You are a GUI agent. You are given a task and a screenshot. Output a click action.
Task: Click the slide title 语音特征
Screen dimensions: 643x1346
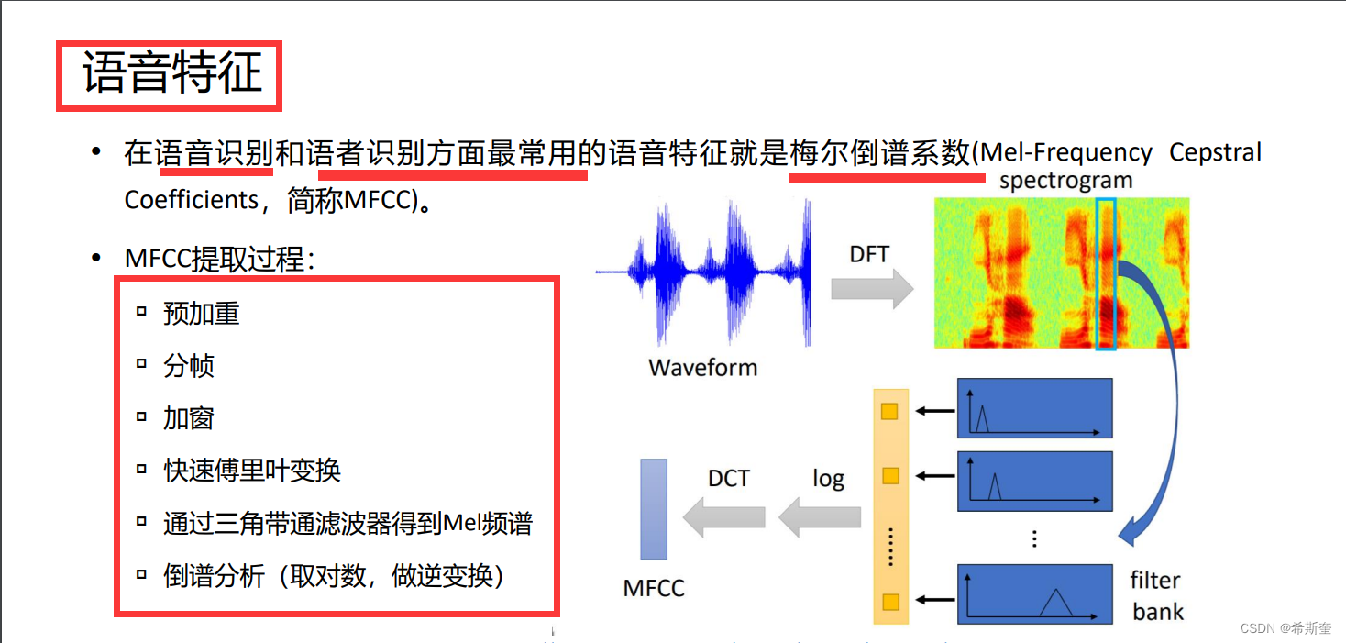(x=172, y=74)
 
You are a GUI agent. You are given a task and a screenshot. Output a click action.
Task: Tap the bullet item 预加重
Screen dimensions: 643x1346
(x=201, y=314)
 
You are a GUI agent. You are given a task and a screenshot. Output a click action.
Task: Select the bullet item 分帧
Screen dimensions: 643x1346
(x=188, y=366)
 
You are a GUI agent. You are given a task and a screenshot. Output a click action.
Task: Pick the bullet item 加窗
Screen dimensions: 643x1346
(x=188, y=418)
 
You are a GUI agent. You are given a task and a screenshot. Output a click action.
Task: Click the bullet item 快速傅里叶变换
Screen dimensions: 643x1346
(x=252, y=471)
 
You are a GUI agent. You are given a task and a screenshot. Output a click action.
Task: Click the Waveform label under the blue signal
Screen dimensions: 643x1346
(x=702, y=368)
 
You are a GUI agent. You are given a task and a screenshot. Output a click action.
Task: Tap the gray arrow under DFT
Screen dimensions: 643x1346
(x=872, y=290)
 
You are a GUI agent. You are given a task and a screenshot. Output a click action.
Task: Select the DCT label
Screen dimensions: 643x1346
(x=728, y=478)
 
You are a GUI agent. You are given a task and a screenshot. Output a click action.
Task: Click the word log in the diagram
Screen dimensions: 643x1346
(x=828, y=479)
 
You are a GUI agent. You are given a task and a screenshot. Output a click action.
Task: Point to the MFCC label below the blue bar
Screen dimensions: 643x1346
(x=654, y=588)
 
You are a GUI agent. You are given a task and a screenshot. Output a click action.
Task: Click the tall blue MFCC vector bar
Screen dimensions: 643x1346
(x=653, y=508)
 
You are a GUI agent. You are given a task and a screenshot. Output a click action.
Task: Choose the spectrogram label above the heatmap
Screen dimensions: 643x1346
(x=1065, y=181)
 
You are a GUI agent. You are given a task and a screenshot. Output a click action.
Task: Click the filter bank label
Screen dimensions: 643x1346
(x=1156, y=596)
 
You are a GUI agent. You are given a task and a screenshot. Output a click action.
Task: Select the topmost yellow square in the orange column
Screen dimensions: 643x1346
(x=888, y=412)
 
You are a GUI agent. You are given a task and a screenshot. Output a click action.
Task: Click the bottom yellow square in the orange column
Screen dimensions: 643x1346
(x=888, y=603)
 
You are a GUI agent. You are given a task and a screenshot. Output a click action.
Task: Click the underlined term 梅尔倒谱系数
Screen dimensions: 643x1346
(x=879, y=153)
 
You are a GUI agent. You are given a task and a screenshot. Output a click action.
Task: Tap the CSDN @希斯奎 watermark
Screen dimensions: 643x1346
(x=1285, y=627)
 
